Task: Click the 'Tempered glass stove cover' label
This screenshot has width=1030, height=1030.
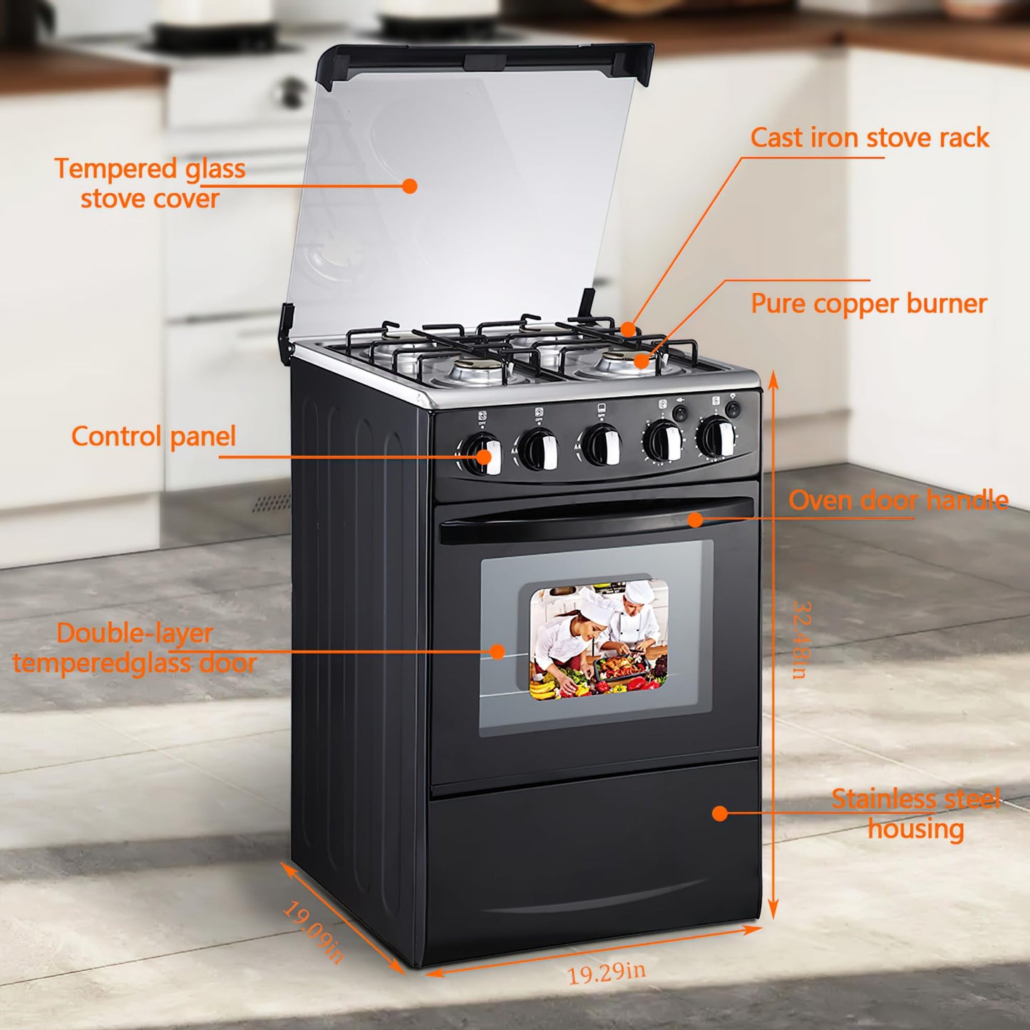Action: tap(150, 184)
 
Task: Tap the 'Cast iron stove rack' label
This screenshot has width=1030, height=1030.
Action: tap(870, 138)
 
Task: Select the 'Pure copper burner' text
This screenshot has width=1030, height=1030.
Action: tap(868, 304)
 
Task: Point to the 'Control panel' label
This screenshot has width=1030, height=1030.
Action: tap(153, 436)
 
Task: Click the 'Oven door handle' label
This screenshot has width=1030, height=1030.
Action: tap(898, 500)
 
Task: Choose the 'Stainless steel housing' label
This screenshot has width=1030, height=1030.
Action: tap(916, 814)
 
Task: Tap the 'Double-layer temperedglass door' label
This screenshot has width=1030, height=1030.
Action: tap(135, 648)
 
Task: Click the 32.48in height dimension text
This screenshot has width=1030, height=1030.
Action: tap(801, 639)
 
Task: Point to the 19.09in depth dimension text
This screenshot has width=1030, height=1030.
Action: tap(314, 932)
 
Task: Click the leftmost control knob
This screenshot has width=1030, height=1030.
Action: tap(482, 454)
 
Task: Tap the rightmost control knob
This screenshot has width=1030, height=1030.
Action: tap(716, 438)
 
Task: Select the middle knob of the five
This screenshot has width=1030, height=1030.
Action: tap(600, 445)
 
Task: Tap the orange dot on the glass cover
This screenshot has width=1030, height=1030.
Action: tap(409, 186)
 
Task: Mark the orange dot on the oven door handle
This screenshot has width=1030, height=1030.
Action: tap(695, 520)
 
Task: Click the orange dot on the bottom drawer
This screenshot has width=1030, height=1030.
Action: tap(720, 813)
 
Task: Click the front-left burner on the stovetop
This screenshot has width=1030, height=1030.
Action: tap(470, 370)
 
